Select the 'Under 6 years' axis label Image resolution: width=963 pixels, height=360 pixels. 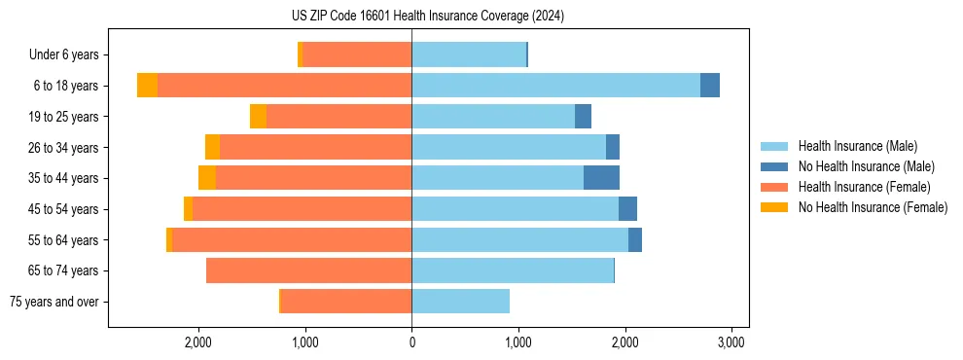tap(69, 54)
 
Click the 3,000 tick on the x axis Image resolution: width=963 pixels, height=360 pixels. tap(731, 342)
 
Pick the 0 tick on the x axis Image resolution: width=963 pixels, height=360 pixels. tap(411, 342)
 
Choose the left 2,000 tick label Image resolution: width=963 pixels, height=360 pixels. tap(198, 342)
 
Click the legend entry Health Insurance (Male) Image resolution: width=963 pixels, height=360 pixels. tap(857, 146)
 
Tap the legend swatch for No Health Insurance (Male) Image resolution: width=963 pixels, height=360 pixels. tap(774, 166)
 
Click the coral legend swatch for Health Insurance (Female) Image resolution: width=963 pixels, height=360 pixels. tap(774, 187)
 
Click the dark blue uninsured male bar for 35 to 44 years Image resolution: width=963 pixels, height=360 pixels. tap(601, 178)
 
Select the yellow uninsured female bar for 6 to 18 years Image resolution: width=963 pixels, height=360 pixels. tap(147, 86)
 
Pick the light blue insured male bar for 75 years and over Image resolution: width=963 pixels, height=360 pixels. tap(460, 302)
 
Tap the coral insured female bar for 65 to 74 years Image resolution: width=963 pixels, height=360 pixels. tap(308, 270)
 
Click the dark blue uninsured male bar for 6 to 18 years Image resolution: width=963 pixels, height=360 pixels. tap(709, 86)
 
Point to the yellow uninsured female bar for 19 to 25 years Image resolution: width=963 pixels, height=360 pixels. tap(258, 117)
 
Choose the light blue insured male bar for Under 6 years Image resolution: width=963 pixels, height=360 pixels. tap(469, 54)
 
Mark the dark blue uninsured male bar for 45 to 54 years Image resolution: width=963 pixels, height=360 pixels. tap(627, 209)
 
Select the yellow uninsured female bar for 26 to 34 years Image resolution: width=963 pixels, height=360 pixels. tap(212, 147)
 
